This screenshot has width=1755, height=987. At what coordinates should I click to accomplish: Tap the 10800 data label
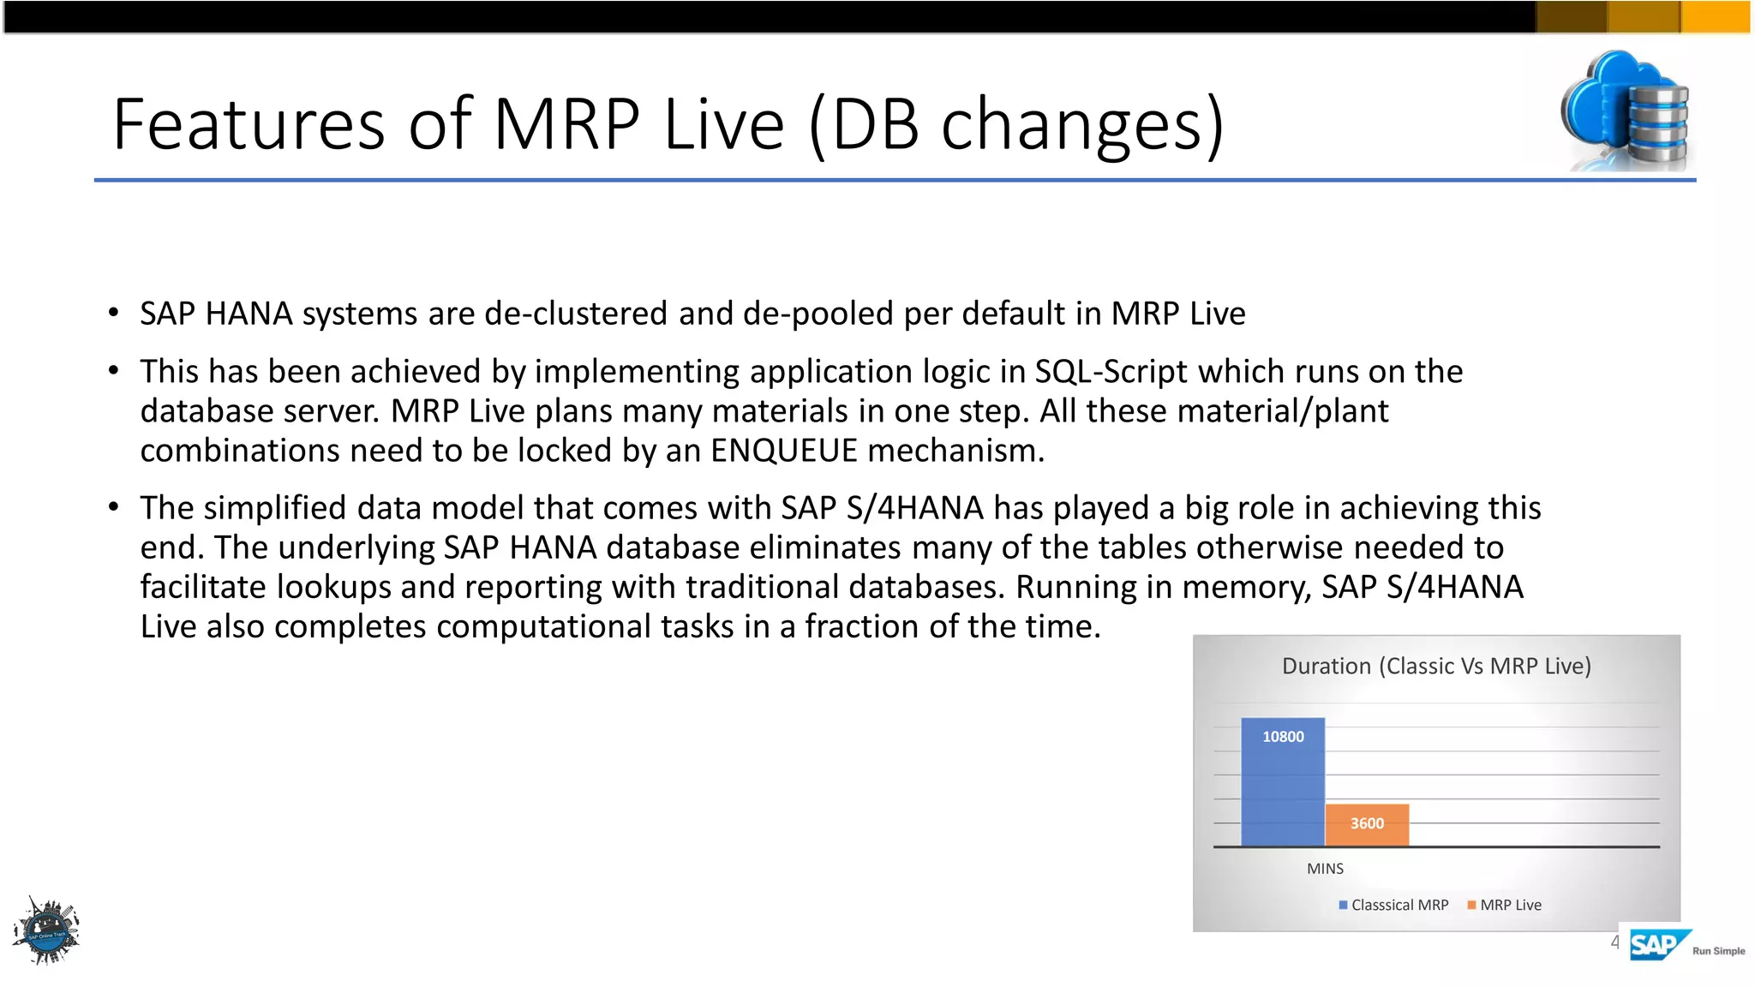(1283, 737)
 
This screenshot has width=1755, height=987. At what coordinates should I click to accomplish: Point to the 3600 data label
(1367, 823)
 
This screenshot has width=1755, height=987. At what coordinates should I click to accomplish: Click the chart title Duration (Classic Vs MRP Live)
(1436, 666)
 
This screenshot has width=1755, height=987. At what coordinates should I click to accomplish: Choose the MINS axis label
(1325, 869)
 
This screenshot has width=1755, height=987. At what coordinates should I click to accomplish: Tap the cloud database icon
(1625, 111)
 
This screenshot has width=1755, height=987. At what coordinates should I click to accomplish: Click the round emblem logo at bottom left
(47, 931)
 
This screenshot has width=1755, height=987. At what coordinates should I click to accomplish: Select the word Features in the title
(249, 124)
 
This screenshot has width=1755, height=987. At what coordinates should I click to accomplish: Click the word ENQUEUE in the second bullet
(783, 451)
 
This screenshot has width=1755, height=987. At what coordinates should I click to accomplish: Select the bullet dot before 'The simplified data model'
(113, 507)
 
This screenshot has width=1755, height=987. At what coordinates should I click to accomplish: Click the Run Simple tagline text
(1718, 951)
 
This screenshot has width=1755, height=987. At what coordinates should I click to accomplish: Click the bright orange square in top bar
(1716, 17)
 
